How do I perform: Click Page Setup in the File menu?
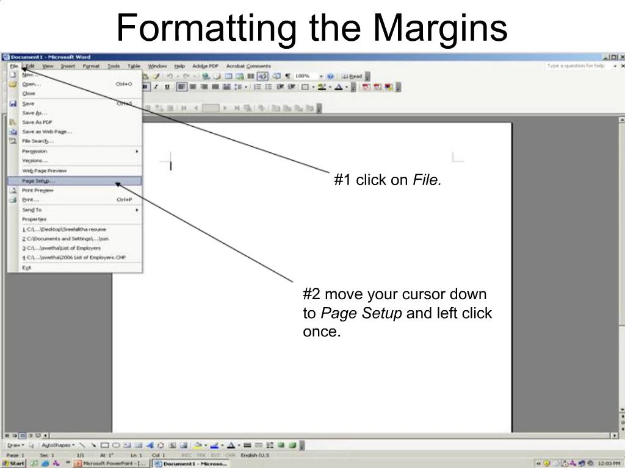coord(38,181)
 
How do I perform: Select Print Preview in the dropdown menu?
coord(38,190)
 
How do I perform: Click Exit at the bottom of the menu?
coord(26,268)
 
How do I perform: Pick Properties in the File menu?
coord(34,219)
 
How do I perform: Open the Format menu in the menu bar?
coord(91,66)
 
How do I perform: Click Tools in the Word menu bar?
coord(114,66)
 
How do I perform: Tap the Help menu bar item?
coord(179,66)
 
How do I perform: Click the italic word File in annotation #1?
coord(427,180)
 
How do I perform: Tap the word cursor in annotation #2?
coord(423,294)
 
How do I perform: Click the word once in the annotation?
coord(321,332)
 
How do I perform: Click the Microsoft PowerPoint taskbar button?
coord(110,463)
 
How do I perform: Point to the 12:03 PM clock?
coord(609,463)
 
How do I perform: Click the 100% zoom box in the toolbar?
coord(303,76)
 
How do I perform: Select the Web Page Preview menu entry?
coord(45,171)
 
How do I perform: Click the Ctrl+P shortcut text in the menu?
coord(124,200)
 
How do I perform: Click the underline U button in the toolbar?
coord(167,87)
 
